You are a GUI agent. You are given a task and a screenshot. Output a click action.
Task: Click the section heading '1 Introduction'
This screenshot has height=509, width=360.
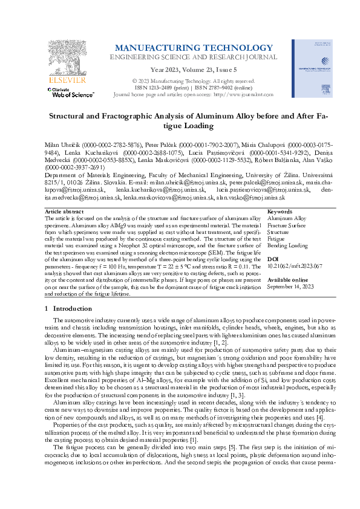click(x=68, y=308)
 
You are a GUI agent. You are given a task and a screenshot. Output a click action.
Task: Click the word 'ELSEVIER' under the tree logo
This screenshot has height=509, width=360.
click(x=59, y=79)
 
